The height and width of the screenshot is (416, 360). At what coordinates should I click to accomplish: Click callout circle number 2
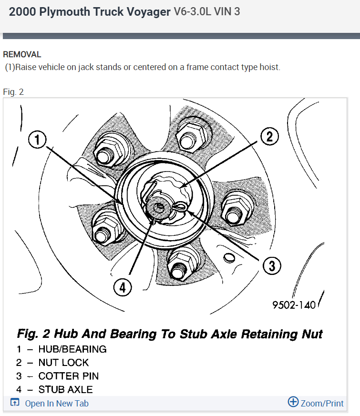point(269,137)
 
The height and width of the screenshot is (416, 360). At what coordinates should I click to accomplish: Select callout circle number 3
point(272,265)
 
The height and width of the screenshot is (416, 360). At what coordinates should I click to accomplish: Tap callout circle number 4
point(123,287)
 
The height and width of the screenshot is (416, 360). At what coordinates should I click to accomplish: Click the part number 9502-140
point(294,305)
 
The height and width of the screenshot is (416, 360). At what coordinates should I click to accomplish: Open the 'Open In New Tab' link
point(56,404)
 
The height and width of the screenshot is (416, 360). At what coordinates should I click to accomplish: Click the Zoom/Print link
point(322,404)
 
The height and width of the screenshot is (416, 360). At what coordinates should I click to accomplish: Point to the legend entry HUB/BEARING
point(72,349)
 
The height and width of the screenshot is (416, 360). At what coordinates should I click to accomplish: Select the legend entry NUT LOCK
point(63,363)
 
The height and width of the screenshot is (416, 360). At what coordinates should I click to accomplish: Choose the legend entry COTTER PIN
point(69,376)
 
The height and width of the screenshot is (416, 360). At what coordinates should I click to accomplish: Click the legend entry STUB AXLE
point(65,389)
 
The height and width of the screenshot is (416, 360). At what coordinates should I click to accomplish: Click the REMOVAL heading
point(22,55)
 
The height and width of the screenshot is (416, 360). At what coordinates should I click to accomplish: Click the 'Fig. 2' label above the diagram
point(13,92)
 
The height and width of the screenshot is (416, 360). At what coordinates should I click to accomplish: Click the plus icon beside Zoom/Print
point(293,402)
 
